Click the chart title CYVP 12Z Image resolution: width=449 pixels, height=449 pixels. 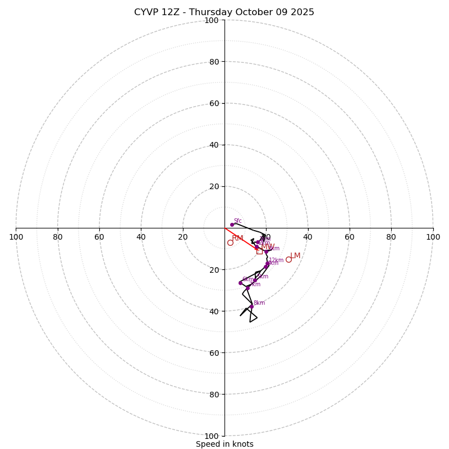(x=224, y=12)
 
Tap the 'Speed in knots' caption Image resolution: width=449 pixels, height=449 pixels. (x=224, y=444)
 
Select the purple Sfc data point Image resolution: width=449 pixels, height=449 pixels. (x=232, y=224)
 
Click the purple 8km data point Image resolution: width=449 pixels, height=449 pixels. (x=251, y=306)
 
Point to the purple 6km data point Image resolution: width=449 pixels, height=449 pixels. (x=240, y=283)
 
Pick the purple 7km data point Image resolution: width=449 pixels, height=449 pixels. (x=248, y=288)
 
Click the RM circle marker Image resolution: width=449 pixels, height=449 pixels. (x=230, y=242)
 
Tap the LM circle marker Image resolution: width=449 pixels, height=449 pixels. (x=288, y=259)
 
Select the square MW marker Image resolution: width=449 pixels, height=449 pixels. (x=259, y=251)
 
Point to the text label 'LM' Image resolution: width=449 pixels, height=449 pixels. (x=295, y=256)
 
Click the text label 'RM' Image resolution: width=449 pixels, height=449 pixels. (x=237, y=239)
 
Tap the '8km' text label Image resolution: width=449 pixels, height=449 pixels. (x=259, y=303)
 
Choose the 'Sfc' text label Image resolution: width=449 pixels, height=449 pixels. (x=237, y=221)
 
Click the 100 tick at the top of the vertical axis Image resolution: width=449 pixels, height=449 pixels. (x=212, y=20)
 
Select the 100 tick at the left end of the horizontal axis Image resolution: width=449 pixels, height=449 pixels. (x=16, y=237)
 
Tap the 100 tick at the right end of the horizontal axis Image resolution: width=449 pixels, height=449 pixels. (x=433, y=237)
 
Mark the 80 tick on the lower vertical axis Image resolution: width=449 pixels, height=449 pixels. (x=213, y=394)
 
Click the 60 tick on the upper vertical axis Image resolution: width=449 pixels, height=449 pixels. (x=213, y=103)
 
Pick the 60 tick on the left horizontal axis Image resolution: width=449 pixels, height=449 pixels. (x=99, y=237)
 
